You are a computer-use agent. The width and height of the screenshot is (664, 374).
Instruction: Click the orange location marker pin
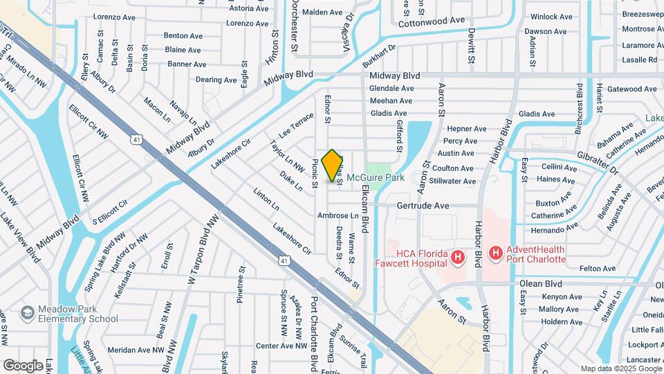tap(333, 165)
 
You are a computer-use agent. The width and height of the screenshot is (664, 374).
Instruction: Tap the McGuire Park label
tap(375, 177)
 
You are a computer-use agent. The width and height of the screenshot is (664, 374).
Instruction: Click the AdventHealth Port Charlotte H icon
tap(495, 254)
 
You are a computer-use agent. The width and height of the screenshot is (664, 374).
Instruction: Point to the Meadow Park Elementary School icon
tap(28, 313)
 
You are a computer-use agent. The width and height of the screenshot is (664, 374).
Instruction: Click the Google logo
tap(24, 365)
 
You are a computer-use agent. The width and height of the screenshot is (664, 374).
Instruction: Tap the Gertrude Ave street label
tap(423, 206)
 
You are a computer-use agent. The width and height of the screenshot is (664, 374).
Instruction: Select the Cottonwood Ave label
tap(432, 20)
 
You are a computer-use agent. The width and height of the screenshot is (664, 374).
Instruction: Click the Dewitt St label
tap(470, 48)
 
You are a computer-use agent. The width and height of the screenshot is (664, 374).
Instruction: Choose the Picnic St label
tap(315, 174)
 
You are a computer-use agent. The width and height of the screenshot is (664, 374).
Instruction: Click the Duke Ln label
tap(291, 181)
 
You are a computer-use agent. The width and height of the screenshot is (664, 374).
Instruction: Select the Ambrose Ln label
tap(338, 216)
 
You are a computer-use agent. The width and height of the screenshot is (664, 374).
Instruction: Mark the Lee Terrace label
tap(296, 125)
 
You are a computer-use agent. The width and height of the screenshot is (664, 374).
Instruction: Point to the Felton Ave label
tap(578, 268)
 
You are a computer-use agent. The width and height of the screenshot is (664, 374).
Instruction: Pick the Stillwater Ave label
tap(452, 181)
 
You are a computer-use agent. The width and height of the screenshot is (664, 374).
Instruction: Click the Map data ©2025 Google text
tap(620, 368)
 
